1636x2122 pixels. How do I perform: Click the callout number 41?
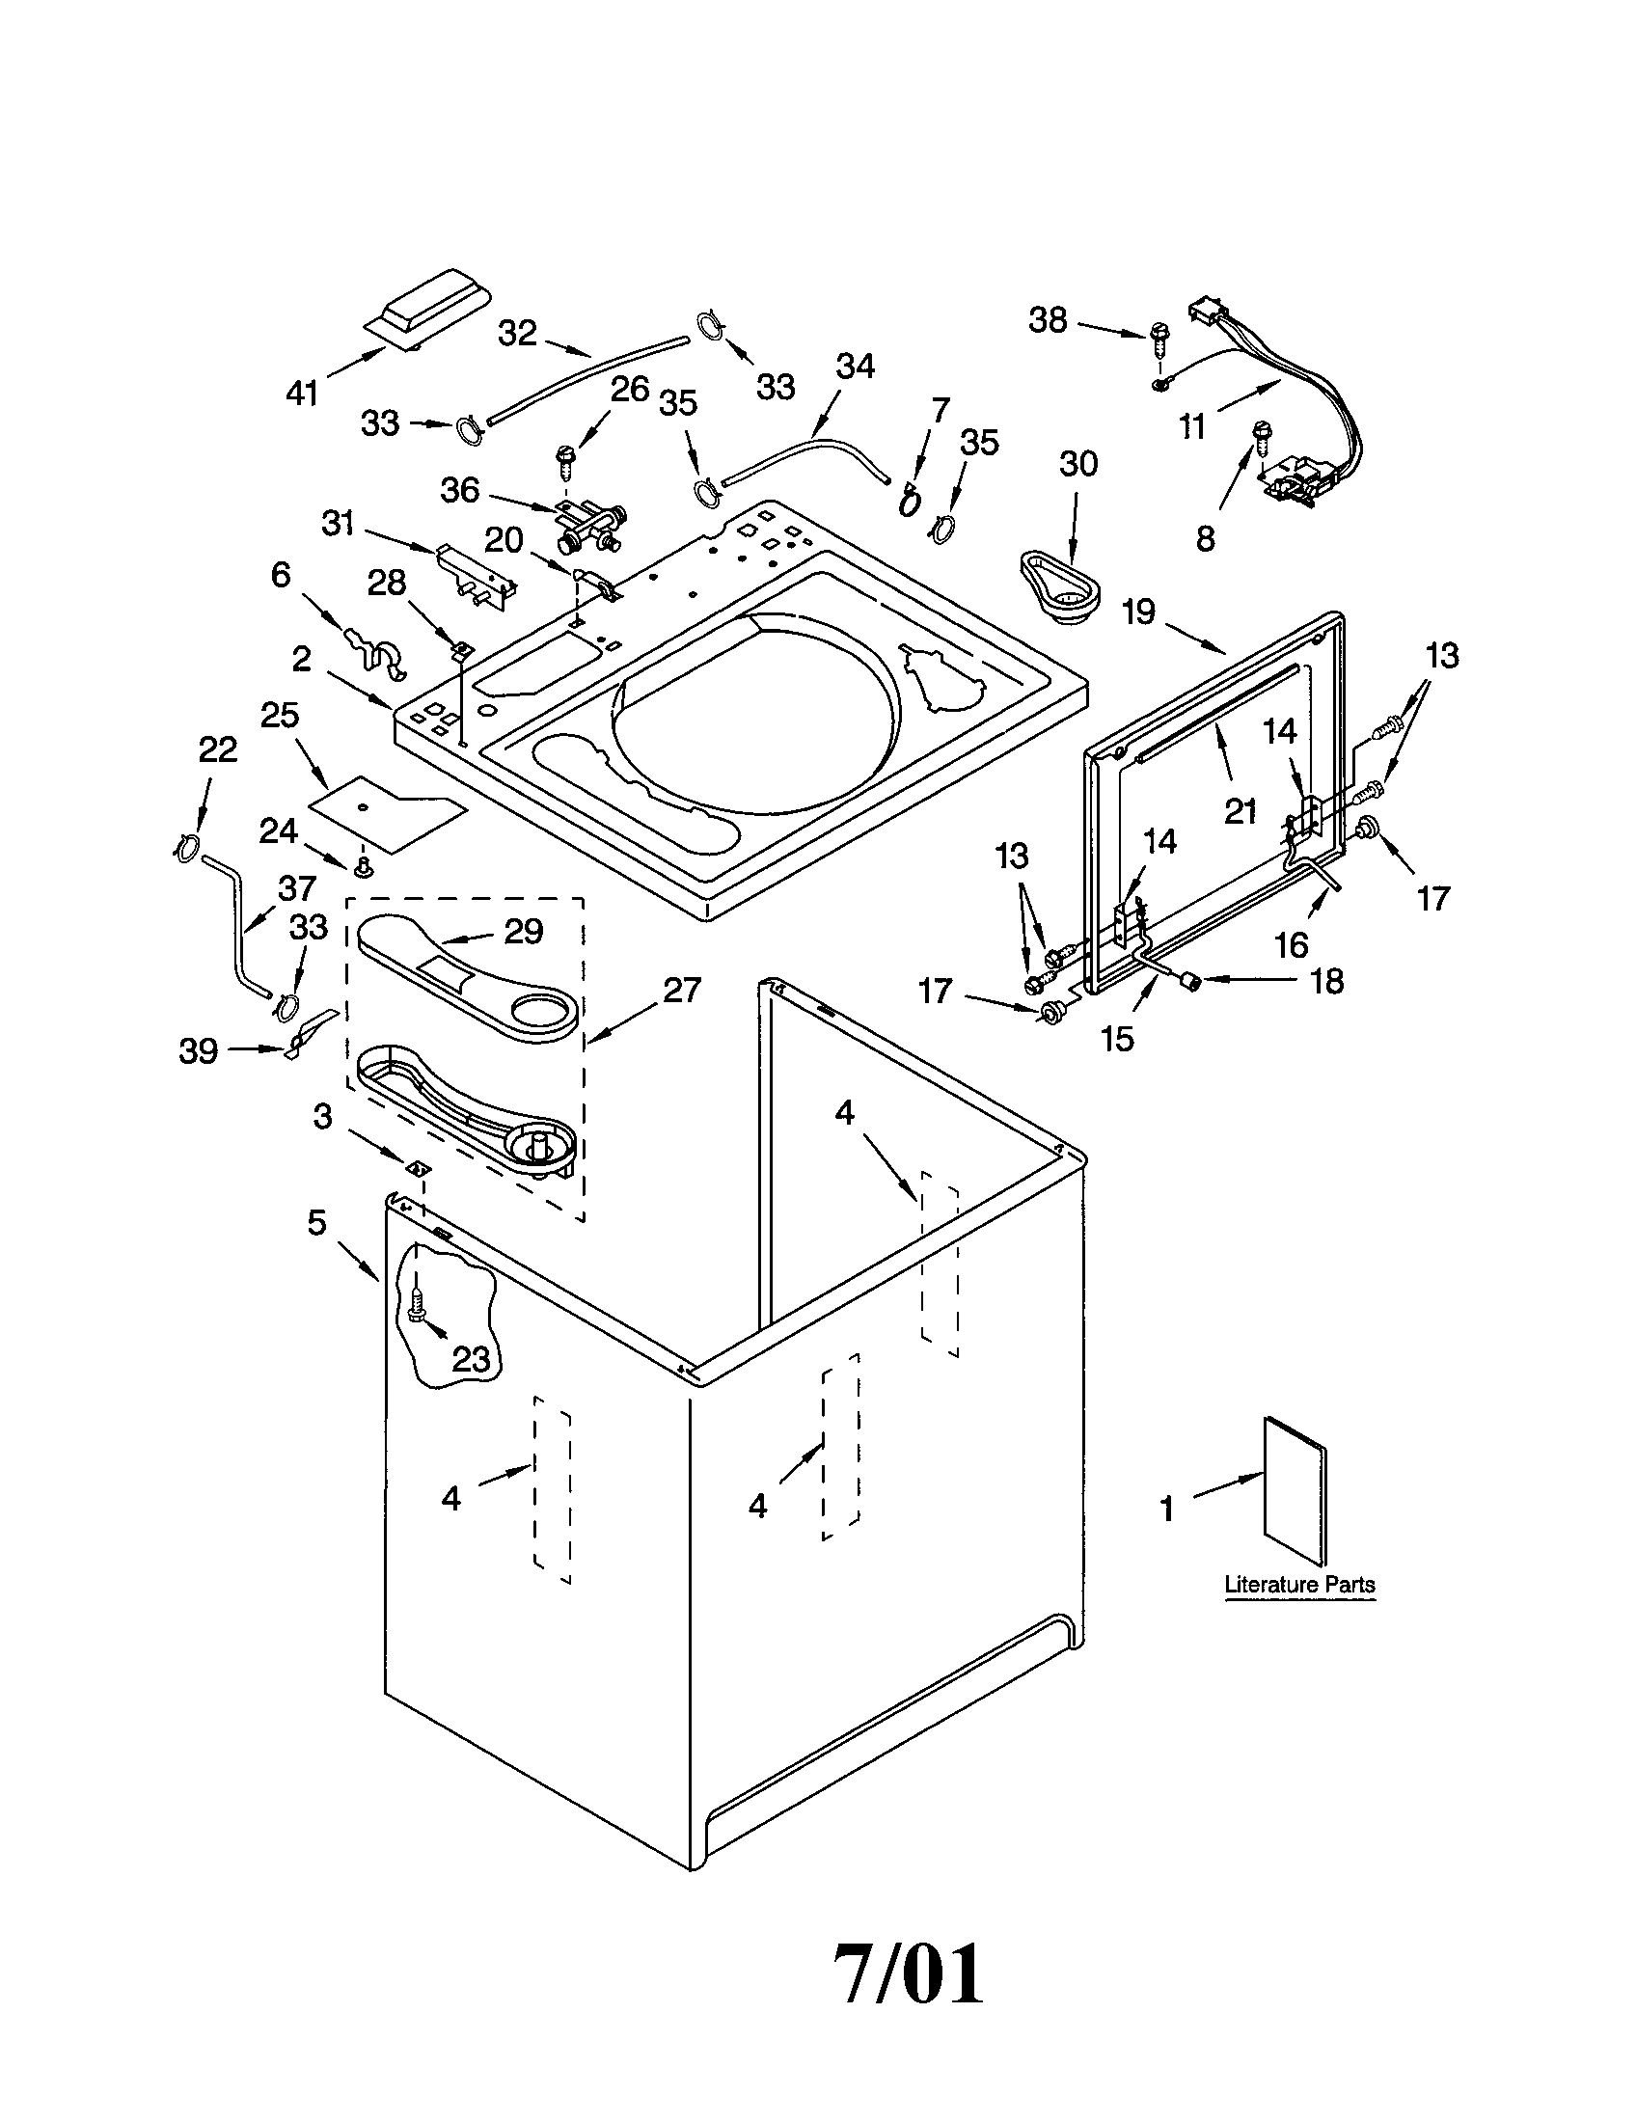303,394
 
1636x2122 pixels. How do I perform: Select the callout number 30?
1077,465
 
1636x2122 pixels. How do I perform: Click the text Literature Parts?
1299,1585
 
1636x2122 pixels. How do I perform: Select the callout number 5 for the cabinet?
317,1222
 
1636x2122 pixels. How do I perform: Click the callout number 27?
681,990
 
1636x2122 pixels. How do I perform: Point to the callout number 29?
523,932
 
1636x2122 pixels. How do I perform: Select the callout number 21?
1241,810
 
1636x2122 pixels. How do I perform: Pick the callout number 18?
1327,981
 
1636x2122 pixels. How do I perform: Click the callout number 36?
460,490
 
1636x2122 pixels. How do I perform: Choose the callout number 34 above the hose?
856,367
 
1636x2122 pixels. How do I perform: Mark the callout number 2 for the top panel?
302,660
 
